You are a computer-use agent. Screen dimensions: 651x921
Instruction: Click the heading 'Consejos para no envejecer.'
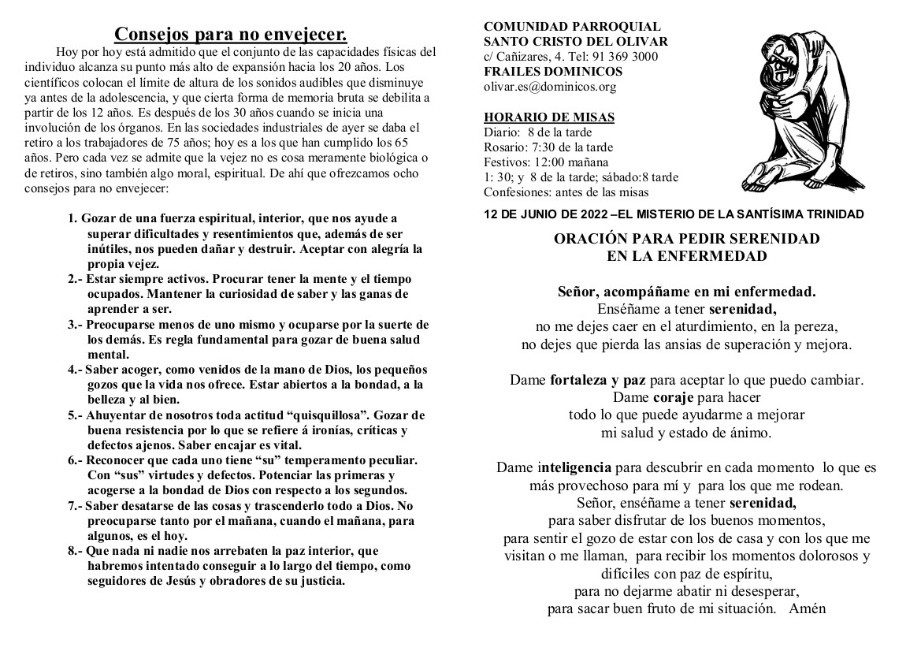(231, 34)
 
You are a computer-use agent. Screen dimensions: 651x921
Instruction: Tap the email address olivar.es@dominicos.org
(550, 87)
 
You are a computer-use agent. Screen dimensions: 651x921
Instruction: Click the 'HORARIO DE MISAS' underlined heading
(549, 117)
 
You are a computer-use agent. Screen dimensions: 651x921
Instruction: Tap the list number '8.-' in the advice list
(76, 551)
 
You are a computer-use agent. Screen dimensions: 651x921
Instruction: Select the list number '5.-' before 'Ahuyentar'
(76, 415)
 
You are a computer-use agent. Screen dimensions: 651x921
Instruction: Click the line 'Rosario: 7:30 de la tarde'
(548, 147)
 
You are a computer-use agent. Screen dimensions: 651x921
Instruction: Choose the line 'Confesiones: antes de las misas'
(566, 192)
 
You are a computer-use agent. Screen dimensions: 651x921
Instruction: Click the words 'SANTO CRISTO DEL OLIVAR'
(576, 42)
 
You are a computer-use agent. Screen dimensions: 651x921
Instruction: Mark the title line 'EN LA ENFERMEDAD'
(686, 255)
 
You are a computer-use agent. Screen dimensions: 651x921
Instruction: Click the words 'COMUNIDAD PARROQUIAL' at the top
(572, 27)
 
